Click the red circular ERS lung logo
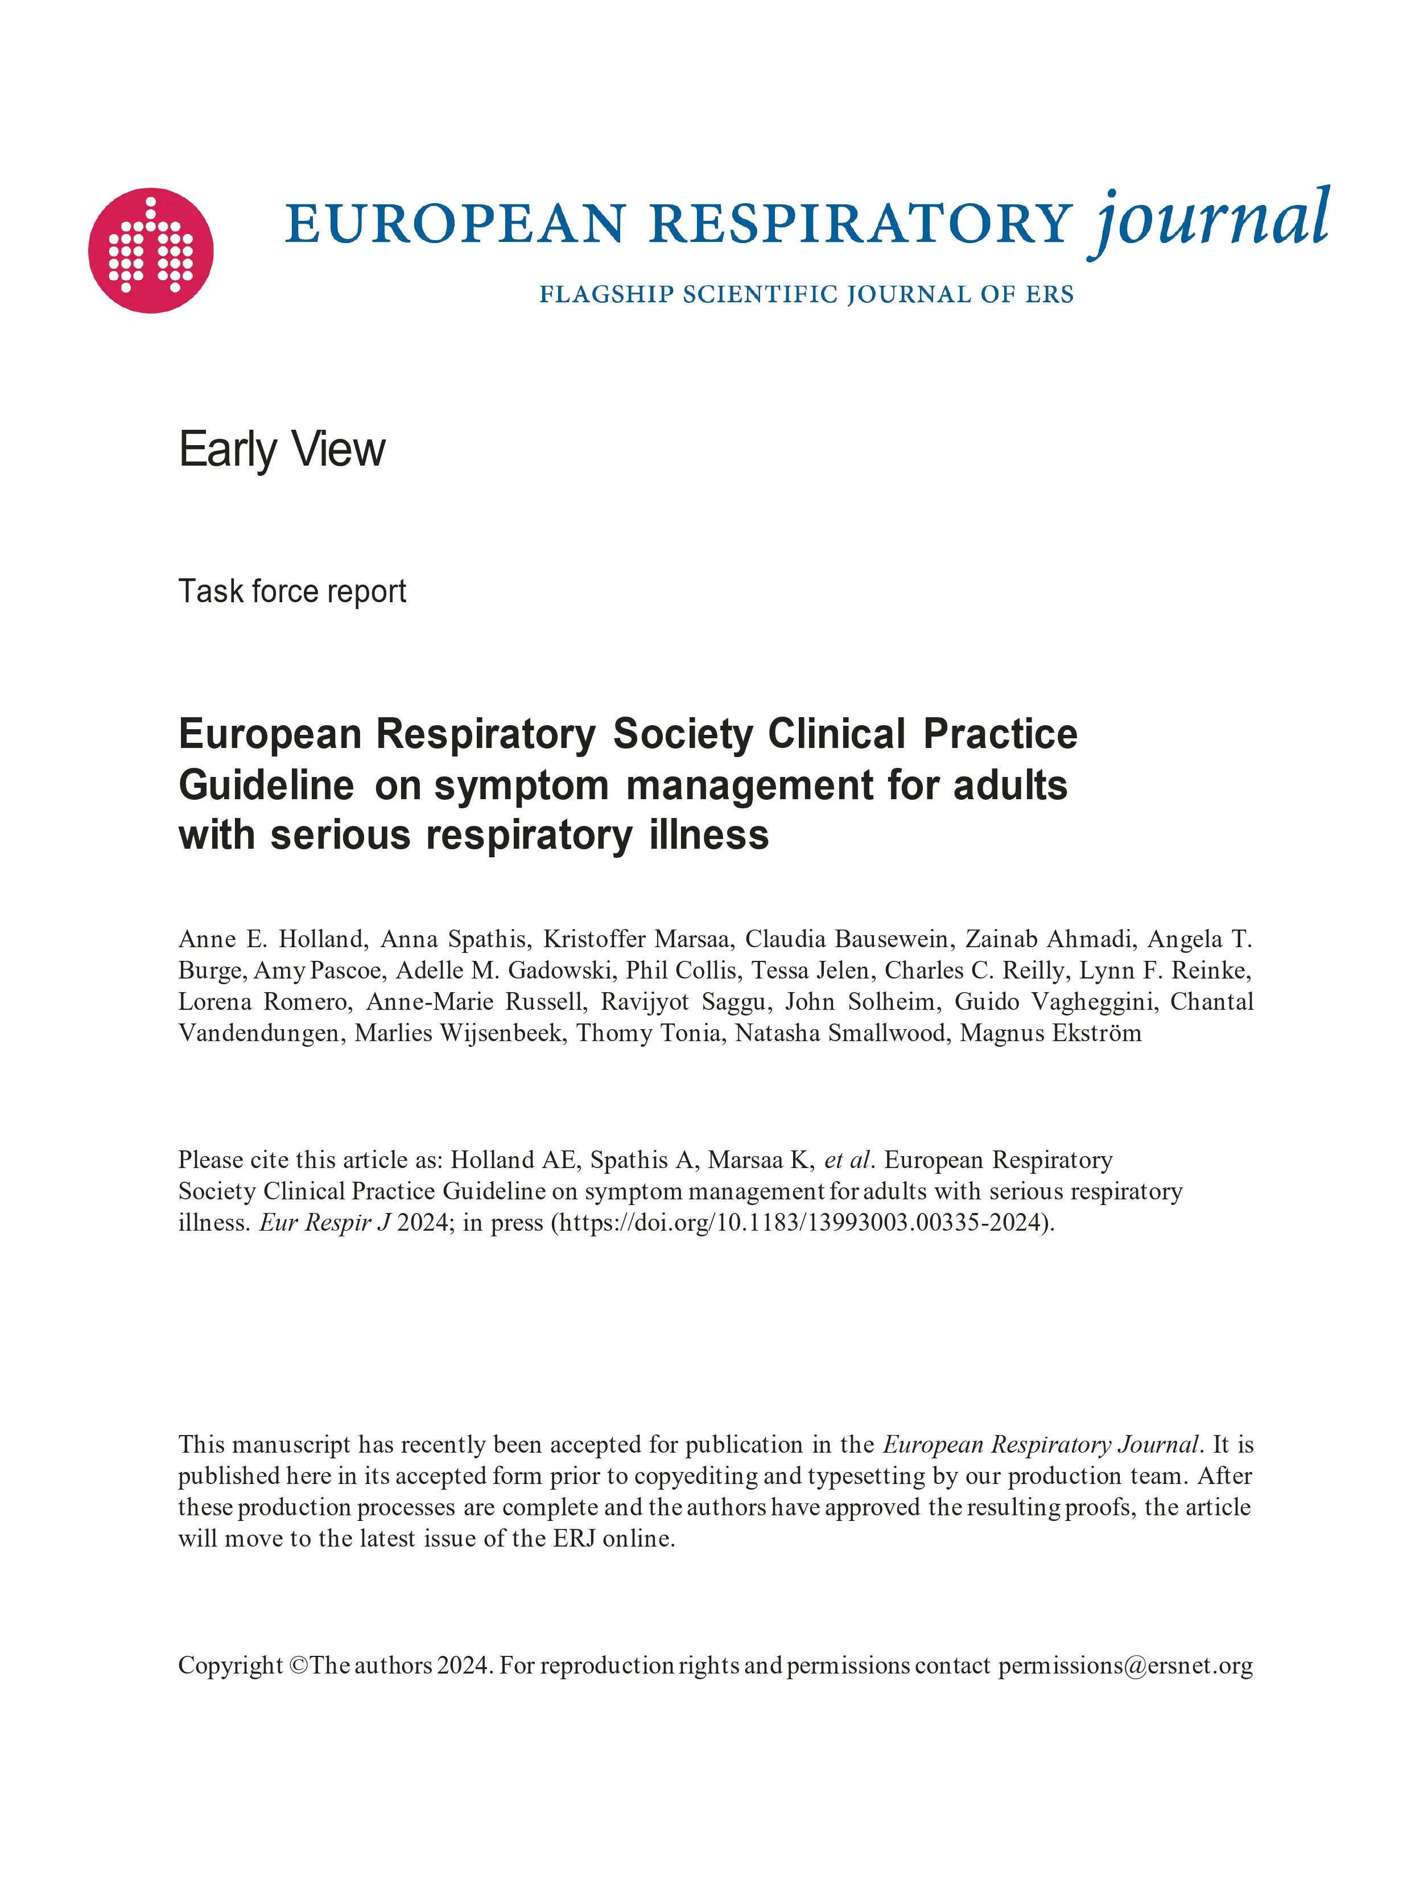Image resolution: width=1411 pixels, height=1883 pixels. pyautogui.click(x=151, y=250)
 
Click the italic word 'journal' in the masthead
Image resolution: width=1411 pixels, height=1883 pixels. pyautogui.click(x=1210, y=220)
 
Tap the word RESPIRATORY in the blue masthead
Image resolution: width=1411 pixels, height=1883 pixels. pyautogui.click(x=860, y=224)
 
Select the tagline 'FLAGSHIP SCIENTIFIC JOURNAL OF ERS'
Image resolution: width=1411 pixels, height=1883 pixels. pyautogui.click(x=806, y=294)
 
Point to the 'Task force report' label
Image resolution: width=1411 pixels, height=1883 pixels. pyautogui.click(x=292, y=591)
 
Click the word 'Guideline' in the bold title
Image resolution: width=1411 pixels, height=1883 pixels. pyautogui.click(x=266, y=785)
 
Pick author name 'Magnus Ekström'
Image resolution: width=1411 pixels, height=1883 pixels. pyautogui.click(x=1050, y=1034)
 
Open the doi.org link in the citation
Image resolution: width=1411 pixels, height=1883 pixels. pyautogui.click(x=803, y=1223)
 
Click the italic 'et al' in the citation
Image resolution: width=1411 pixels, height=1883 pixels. pyautogui.click(x=847, y=1160)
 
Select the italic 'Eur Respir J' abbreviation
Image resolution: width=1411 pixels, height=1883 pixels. pyautogui.click(x=324, y=1223)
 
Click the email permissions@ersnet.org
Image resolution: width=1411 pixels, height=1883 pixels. pyautogui.click(x=1125, y=1665)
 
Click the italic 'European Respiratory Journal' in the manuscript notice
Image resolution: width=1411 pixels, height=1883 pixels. pyautogui.click(x=1040, y=1445)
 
